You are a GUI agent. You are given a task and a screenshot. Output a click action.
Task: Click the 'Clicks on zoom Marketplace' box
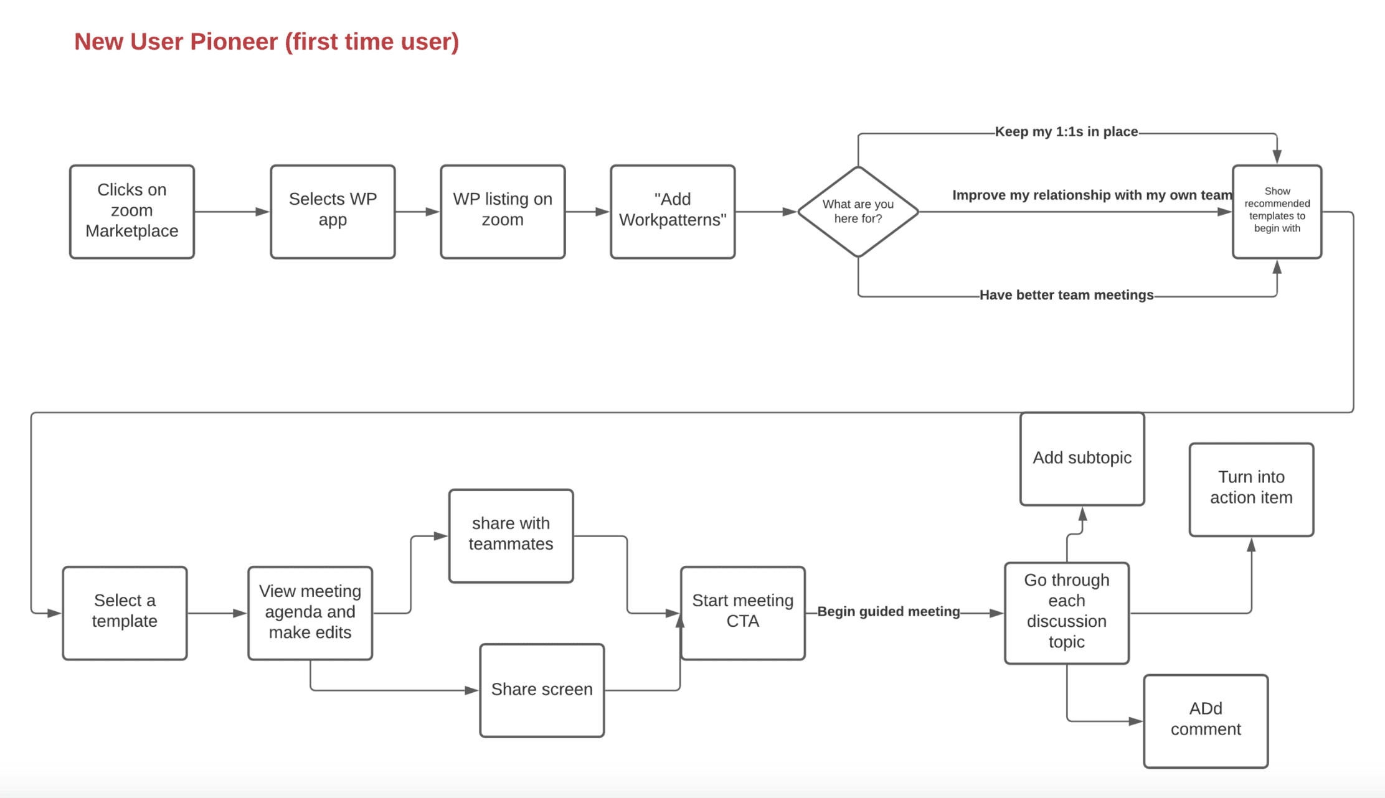[132, 212]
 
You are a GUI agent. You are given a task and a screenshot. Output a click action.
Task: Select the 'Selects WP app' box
[333, 212]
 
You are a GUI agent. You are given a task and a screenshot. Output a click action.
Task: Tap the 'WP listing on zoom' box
[503, 212]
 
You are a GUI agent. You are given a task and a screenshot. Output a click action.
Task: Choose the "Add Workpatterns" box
[673, 212]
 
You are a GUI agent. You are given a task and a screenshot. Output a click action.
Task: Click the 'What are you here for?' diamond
[858, 212]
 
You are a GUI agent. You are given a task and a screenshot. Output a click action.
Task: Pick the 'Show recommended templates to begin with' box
[1277, 212]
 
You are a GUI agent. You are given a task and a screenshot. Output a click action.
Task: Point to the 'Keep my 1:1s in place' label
[1066, 132]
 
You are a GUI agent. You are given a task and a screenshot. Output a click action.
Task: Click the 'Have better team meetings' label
[1066, 295]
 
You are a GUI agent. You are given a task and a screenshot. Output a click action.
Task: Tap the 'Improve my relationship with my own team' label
[1092, 195]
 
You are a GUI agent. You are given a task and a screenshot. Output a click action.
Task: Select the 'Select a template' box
[125, 613]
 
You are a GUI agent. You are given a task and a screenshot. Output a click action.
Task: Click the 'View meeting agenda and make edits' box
[310, 613]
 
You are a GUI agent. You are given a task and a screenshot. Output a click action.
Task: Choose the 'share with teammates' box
[511, 536]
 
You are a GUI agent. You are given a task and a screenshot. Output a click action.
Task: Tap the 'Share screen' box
[542, 690]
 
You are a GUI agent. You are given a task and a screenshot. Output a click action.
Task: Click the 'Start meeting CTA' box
[742, 613]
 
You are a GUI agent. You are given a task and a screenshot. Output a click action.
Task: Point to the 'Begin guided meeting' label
[889, 611]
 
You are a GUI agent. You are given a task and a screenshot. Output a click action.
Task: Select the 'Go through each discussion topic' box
[1067, 613]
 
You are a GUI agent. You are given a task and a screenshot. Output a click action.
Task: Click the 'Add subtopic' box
[1082, 459]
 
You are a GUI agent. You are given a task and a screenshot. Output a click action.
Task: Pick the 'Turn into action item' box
[1251, 489]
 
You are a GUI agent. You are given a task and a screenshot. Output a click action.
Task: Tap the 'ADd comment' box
[1206, 721]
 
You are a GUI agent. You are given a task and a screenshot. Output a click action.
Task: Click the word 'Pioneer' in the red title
[234, 42]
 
